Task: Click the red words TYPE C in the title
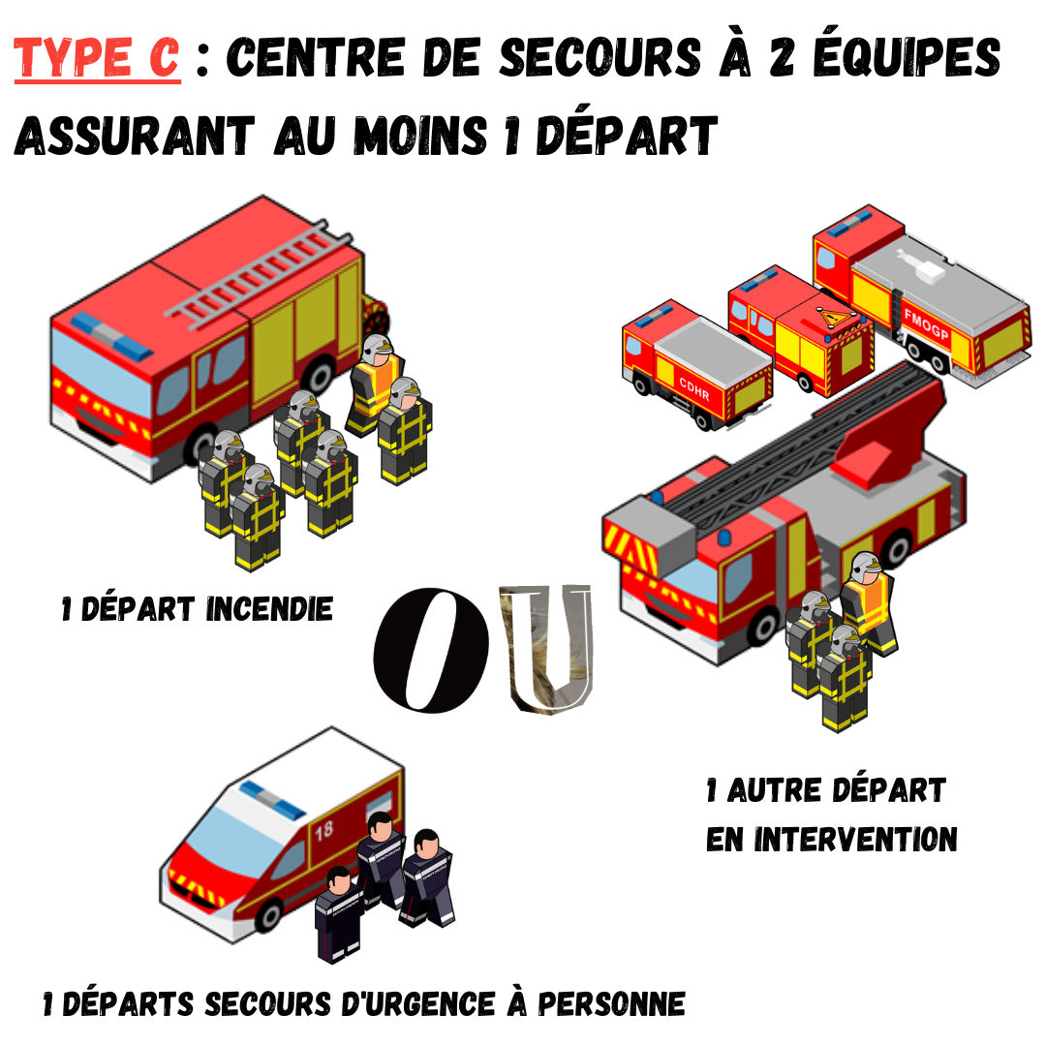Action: (x=97, y=57)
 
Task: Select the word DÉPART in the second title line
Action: (x=627, y=136)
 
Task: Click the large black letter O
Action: (x=431, y=650)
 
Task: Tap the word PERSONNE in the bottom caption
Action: (x=612, y=1004)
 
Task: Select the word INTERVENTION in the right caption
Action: (x=856, y=839)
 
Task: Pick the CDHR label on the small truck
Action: (x=694, y=388)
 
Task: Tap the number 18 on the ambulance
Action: (x=324, y=831)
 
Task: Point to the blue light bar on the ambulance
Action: (x=272, y=800)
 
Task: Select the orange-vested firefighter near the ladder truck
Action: (x=869, y=603)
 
